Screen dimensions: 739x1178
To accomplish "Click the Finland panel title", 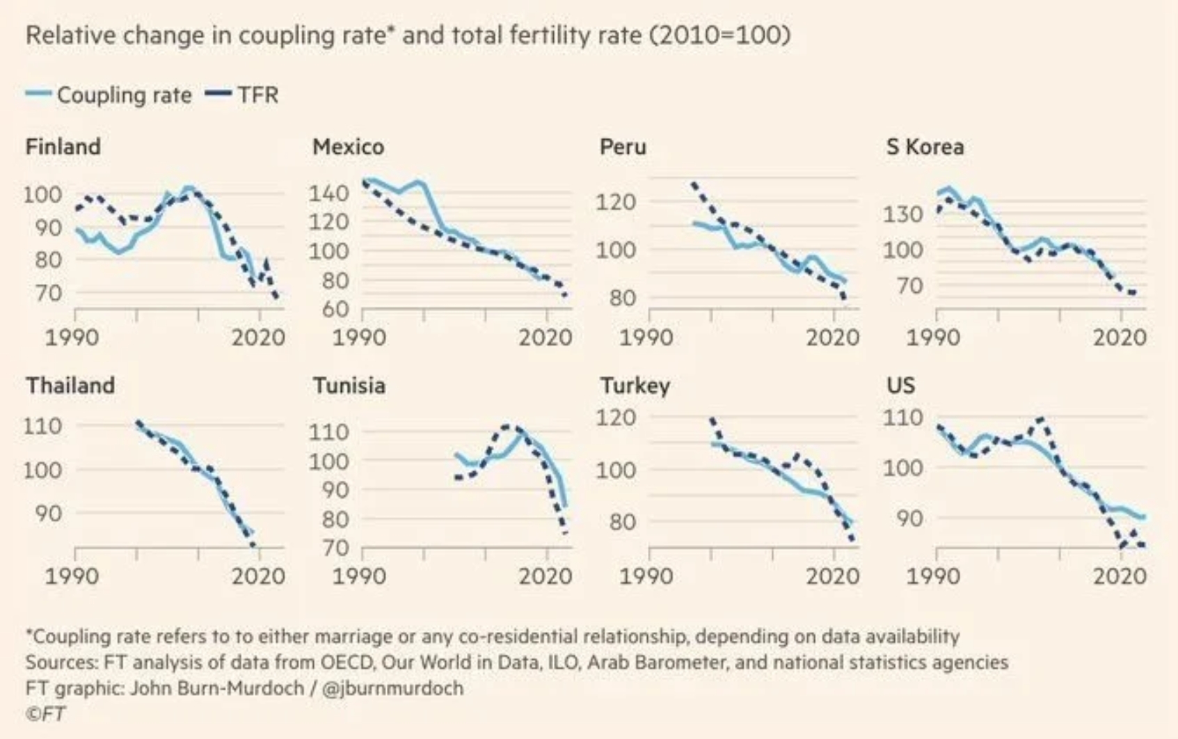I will pos(63,147).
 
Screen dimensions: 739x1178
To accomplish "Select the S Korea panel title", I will pos(925,147).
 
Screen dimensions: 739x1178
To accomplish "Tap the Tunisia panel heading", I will pos(349,386).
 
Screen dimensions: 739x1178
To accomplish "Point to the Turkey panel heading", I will pos(635,386).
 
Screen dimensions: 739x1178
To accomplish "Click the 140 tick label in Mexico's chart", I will pos(329,193).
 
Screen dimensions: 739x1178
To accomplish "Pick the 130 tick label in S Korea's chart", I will pos(903,214).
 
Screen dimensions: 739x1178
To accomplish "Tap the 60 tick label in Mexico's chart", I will pos(335,308).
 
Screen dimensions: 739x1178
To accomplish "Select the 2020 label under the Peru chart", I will pos(833,337).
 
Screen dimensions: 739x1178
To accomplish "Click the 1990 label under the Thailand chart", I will pos(72,576).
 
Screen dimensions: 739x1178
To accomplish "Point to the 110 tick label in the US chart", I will pos(903,418).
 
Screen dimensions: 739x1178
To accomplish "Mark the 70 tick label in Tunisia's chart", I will pos(335,548).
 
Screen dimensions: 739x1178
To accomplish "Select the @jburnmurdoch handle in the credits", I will pos(393,688).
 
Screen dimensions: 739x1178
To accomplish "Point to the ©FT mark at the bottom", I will pos(46,714).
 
